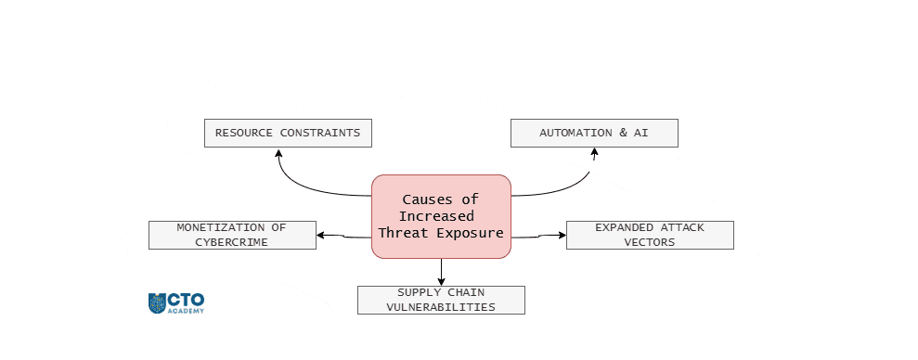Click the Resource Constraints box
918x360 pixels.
288,133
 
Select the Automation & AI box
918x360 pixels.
594,133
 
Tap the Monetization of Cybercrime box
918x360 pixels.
232,235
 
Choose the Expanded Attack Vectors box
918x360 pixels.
650,235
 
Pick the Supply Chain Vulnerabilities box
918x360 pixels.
441,300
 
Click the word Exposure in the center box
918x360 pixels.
472,233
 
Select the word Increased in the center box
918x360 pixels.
441,216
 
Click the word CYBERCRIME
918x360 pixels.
232,242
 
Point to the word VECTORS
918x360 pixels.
650,242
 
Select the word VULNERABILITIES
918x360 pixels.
441,307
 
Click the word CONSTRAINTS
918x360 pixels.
319,133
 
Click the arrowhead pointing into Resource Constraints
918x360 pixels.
278,153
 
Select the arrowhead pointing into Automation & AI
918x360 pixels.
593,153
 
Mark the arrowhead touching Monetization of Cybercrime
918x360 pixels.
321,236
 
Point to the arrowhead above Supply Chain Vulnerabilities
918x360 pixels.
441,280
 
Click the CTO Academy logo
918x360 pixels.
176,302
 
